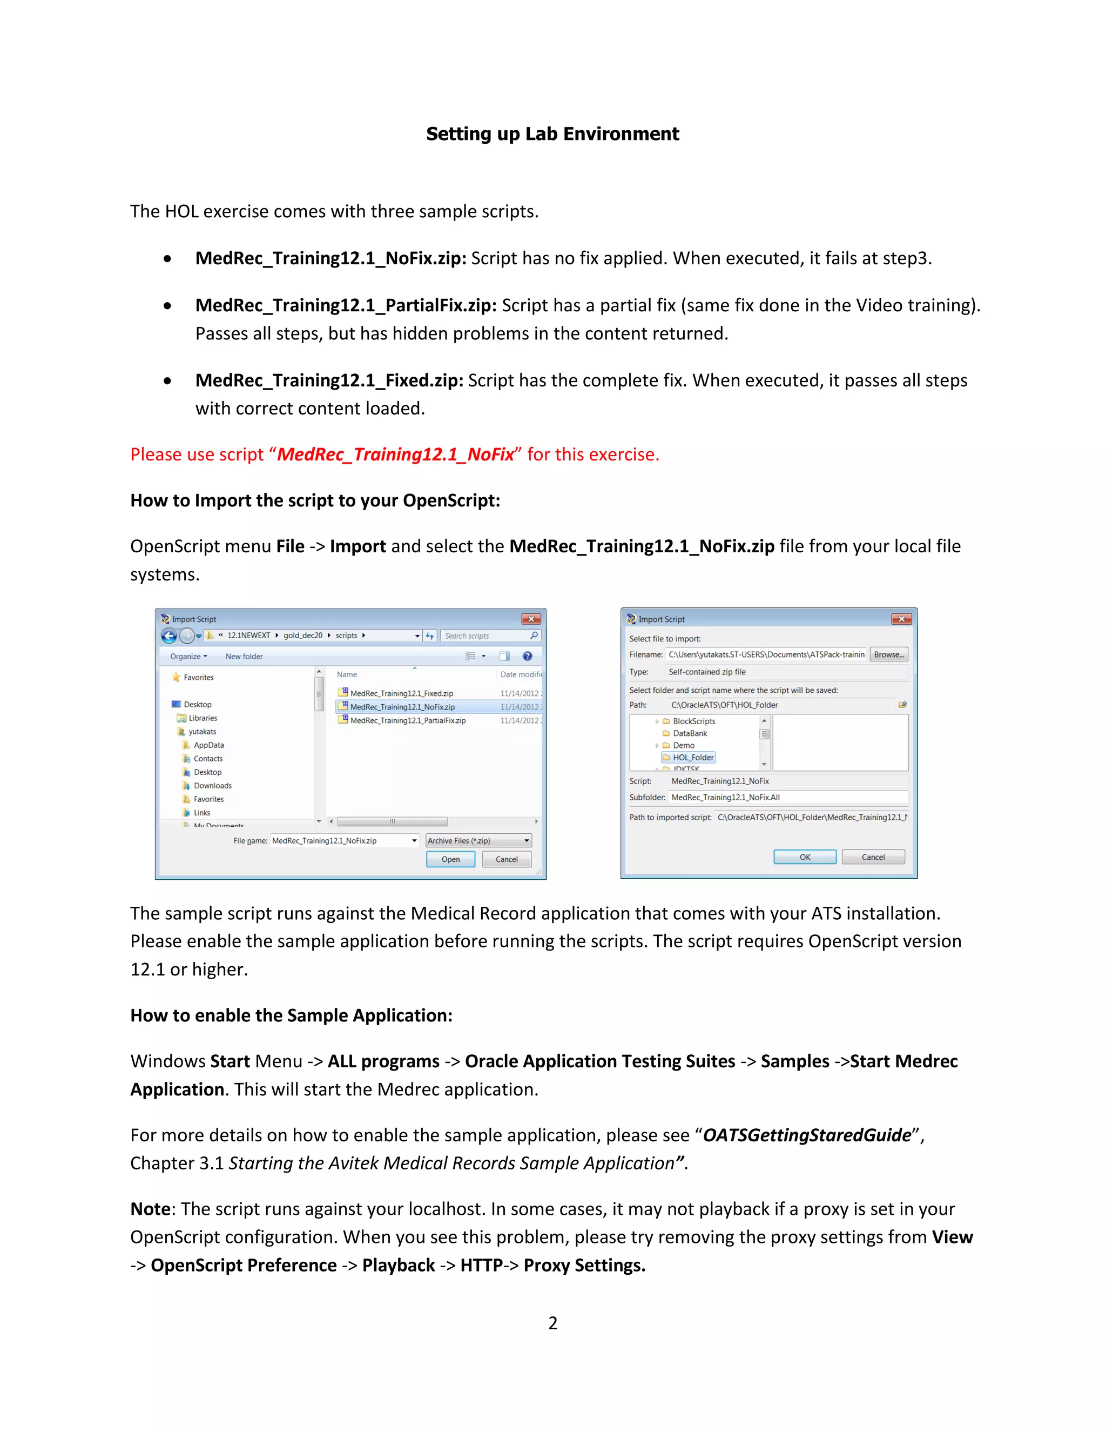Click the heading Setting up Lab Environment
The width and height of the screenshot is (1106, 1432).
(x=552, y=134)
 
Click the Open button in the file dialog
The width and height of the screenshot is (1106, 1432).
(x=450, y=859)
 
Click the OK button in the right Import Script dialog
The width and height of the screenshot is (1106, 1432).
(x=805, y=857)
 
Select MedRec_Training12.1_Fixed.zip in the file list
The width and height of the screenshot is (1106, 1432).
(x=401, y=693)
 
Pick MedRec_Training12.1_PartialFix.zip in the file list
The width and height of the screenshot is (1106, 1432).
(x=408, y=720)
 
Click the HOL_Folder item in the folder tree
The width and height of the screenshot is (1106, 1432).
(x=692, y=757)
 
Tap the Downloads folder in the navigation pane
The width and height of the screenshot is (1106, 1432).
(x=212, y=786)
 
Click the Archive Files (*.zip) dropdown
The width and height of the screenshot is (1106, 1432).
(x=478, y=841)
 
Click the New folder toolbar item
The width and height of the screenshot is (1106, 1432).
(x=244, y=657)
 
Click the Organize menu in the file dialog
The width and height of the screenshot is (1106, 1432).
(x=188, y=657)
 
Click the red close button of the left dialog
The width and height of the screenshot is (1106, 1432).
(x=531, y=619)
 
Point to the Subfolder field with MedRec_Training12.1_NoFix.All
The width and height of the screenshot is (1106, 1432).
(x=786, y=797)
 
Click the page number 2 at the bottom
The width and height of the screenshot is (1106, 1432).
(x=552, y=1323)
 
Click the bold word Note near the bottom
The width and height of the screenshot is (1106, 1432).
(x=150, y=1208)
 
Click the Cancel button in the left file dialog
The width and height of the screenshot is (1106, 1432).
(x=507, y=859)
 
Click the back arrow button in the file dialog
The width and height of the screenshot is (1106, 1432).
(x=169, y=636)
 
